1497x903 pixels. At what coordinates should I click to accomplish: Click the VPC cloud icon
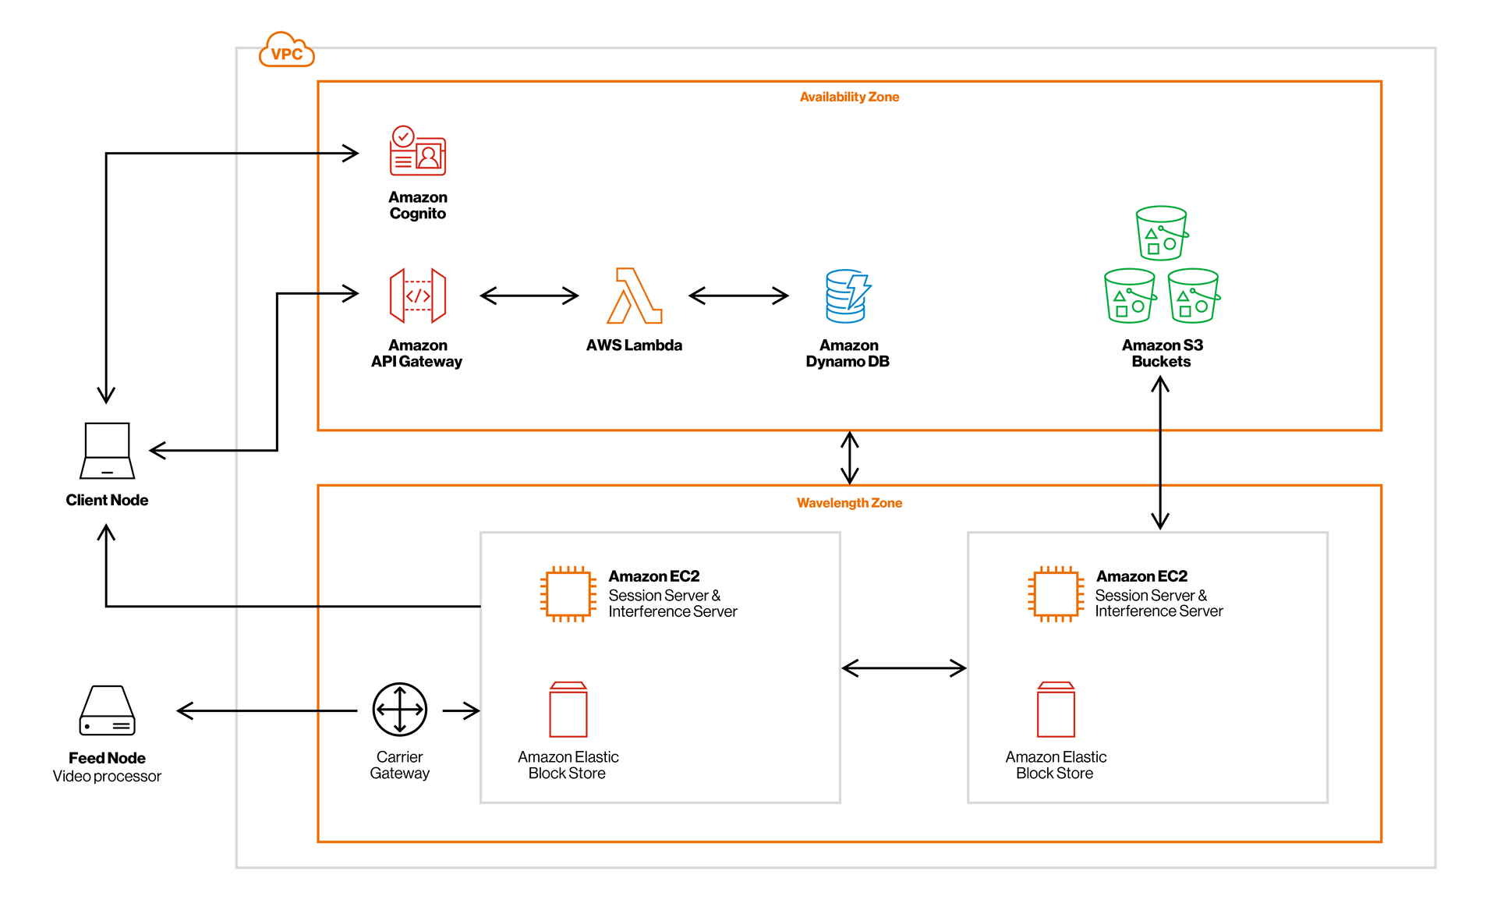[286, 50]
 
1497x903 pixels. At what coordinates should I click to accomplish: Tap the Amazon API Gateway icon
[418, 296]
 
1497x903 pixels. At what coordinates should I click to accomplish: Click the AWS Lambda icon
[635, 296]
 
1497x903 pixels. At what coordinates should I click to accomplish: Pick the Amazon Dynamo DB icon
[848, 296]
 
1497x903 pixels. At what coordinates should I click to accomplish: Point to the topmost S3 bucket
[1162, 232]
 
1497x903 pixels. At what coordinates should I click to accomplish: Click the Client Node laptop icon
[107, 451]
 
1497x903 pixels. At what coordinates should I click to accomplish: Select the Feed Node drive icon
[107, 710]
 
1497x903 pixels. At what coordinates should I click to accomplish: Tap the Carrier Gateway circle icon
[400, 710]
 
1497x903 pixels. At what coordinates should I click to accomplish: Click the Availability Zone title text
[849, 97]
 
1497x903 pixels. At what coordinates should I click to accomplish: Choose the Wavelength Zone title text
[849, 503]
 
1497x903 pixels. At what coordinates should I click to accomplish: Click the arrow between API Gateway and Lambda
[529, 296]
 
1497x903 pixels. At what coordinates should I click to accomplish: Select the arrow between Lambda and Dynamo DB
[738, 296]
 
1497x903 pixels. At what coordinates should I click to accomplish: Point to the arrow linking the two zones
[850, 458]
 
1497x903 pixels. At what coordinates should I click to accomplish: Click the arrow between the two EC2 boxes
[904, 668]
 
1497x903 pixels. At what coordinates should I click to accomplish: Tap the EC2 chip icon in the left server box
[568, 594]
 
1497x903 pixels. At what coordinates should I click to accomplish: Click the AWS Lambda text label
[634, 345]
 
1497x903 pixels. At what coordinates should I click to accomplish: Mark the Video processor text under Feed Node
[107, 777]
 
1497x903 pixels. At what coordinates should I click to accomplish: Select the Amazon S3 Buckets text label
[1162, 353]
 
